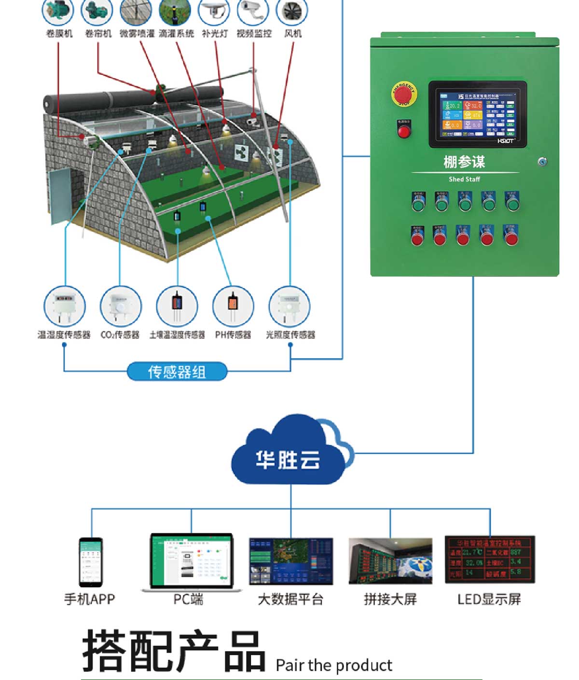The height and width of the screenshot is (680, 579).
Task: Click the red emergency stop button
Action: click(x=403, y=94)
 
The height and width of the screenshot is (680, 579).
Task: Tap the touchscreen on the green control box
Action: click(x=477, y=114)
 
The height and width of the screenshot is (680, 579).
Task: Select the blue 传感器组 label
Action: click(x=177, y=372)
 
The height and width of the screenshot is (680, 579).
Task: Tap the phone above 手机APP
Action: click(x=91, y=562)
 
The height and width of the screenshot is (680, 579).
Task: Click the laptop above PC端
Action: click(x=192, y=562)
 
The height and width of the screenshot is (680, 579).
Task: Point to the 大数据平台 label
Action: click(x=290, y=599)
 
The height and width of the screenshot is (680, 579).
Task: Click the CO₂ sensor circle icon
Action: click(x=121, y=306)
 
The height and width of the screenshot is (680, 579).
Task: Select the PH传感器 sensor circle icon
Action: click(x=233, y=306)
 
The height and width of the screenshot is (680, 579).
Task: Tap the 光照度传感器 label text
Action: click(x=290, y=334)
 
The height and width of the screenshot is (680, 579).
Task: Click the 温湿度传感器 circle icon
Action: click(x=65, y=306)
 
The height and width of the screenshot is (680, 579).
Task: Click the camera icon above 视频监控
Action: click(x=253, y=11)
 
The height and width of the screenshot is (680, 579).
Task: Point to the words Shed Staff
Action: click(x=464, y=179)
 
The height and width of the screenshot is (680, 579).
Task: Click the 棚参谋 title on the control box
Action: click(x=464, y=162)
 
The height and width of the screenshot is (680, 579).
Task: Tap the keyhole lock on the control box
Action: click(x=542, y=162)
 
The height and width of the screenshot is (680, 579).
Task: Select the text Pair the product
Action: click(x=334, y=665)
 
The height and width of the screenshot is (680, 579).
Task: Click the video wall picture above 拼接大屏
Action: click(x=390, y=561)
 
